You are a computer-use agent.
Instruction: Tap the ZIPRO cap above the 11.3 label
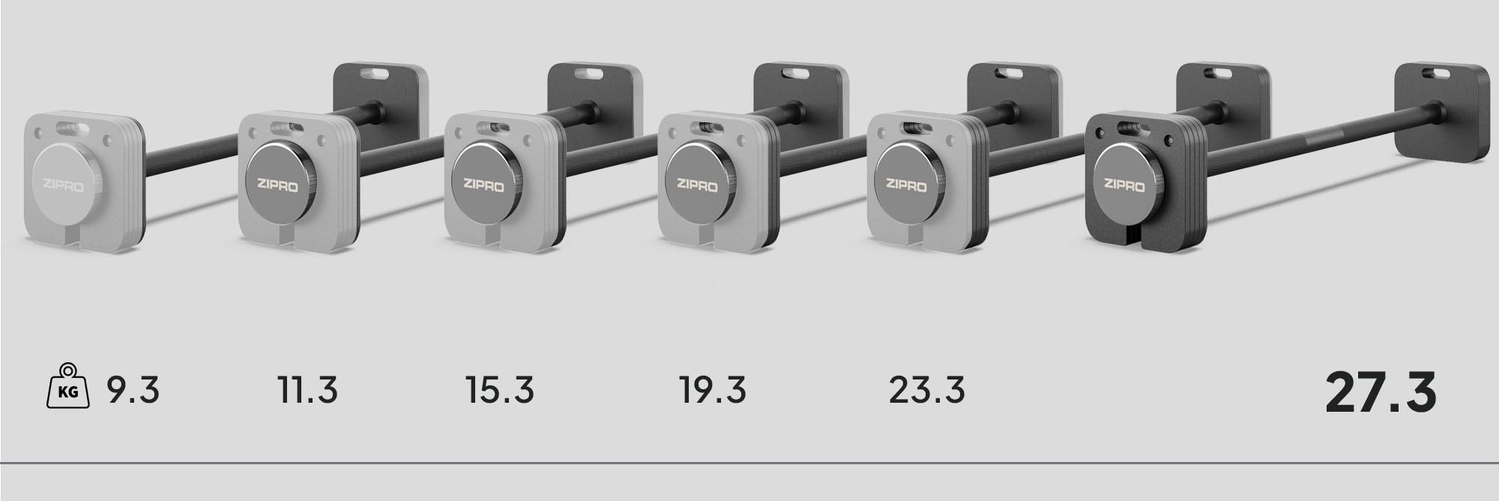(277, 182)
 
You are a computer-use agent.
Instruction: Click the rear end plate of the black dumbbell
(1441, 112)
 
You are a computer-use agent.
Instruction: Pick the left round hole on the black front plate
(1099, 133)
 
